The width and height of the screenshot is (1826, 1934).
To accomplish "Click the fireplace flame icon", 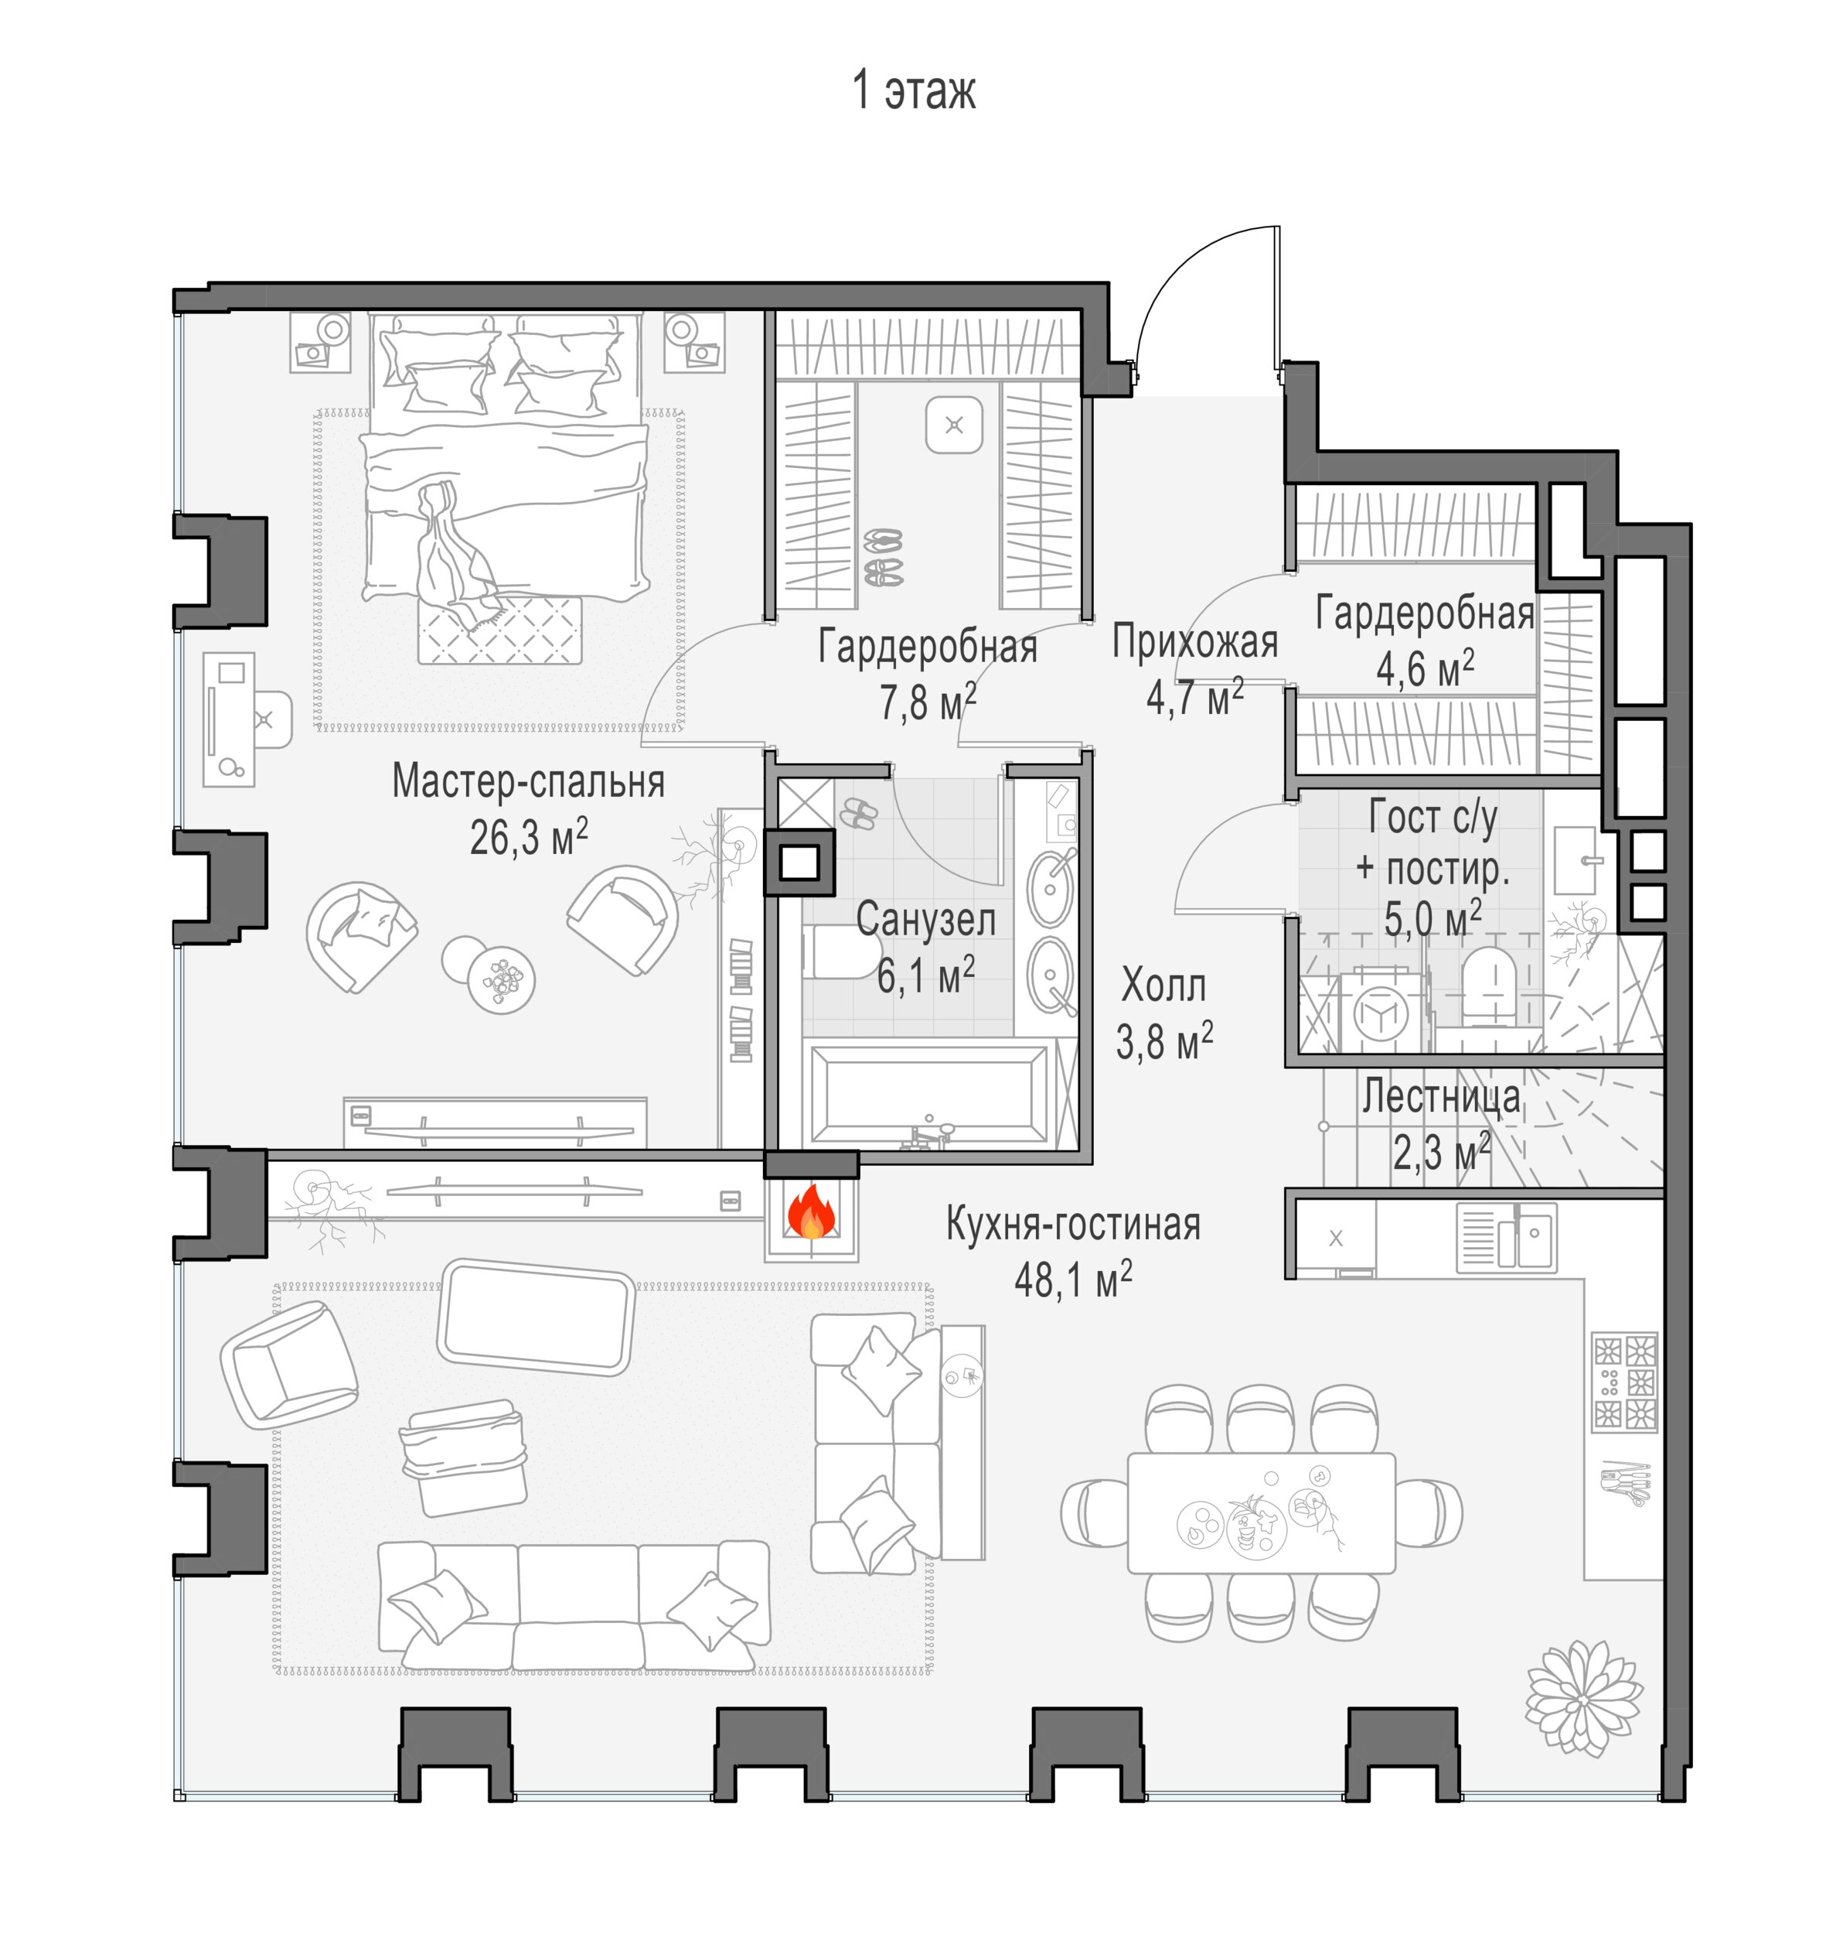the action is point(811,1213).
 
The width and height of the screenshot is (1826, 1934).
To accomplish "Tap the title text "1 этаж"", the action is point(913,91).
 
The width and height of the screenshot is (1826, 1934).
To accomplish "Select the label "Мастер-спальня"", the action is point(529,781).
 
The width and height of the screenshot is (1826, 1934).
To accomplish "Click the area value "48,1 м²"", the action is point(1072,1279).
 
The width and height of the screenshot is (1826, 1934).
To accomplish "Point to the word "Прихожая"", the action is point(1195,643).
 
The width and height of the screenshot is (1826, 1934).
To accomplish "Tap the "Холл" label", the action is point(1163,986).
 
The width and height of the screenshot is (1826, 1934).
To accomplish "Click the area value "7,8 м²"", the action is point(928,701).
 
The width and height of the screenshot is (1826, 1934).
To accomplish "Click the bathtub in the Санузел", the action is point(929,1094).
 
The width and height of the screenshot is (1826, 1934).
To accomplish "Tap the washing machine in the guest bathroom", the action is point(1381,1012).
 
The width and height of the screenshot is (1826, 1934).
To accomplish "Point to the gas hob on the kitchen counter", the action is point(1623,1382).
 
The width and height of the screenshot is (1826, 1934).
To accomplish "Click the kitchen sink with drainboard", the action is point(1506,1238).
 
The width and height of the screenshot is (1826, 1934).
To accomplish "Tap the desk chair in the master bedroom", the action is point(271,719).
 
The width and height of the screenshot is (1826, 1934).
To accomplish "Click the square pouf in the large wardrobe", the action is point(954,425).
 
